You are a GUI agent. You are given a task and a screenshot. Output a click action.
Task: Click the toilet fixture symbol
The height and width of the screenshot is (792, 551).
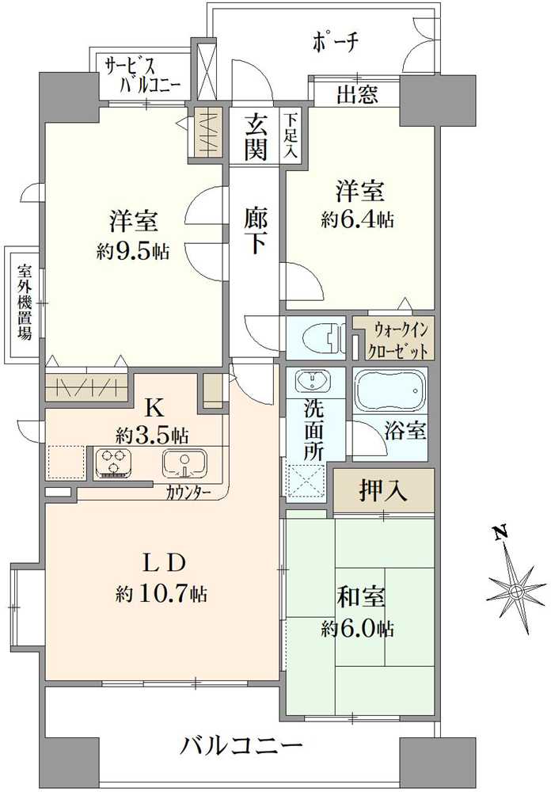(321, 337)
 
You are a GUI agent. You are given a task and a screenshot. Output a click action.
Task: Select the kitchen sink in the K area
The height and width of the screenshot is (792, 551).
(184, 462)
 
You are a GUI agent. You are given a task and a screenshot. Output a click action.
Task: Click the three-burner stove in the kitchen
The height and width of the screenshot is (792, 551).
(114, 462)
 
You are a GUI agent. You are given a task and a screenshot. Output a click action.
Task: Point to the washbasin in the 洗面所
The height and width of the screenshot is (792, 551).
(314, 382)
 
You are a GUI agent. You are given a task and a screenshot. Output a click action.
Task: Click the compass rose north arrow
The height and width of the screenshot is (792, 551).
(515, 589)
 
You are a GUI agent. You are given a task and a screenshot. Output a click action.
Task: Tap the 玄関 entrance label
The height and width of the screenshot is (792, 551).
(255, 136)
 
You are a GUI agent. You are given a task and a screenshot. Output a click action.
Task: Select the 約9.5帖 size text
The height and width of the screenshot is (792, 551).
(132, 252)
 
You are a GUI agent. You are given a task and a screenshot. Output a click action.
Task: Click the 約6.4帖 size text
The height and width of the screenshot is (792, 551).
(358, 220)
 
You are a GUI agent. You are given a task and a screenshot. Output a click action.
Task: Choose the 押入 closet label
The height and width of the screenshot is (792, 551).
(384, 491)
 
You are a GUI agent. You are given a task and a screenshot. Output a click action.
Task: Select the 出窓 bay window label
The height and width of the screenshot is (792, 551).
(357, 96)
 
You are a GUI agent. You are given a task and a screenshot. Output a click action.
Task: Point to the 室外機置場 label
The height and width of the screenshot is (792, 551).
(25, 302)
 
